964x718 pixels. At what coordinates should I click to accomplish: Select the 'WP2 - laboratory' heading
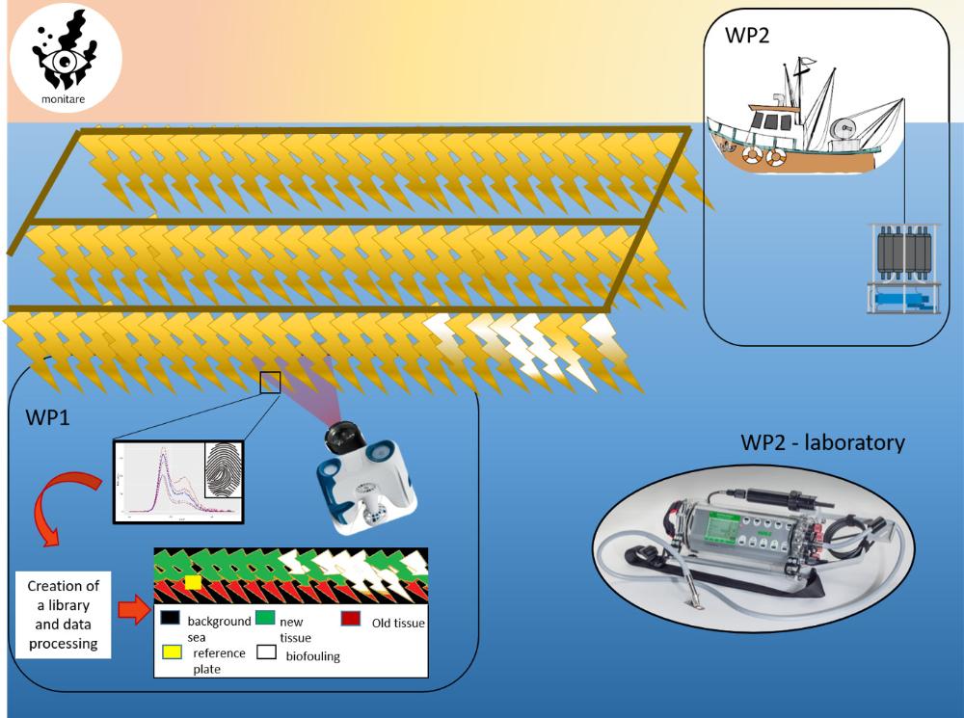coord(822,443)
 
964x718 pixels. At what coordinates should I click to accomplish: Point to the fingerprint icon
coord(225,475)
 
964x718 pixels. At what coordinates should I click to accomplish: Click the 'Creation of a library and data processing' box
coord(64,614)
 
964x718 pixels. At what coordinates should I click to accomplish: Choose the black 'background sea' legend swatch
coord(169,618)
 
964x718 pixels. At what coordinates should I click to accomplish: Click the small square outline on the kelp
coord(270,383)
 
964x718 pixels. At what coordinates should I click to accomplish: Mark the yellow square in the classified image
coord(193,582)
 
